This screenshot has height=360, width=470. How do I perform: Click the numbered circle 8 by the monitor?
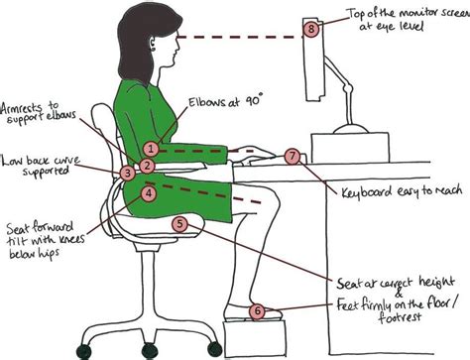coord(312,29)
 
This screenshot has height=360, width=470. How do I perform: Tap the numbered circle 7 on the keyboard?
coord(292,157)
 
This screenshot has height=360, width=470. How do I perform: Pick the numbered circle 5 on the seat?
coord(179,224)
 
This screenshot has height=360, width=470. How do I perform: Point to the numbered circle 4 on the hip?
coord(148,194)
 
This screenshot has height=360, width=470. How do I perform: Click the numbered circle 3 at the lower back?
coord(127,173)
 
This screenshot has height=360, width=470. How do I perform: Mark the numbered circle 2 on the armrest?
coord(145,166)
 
